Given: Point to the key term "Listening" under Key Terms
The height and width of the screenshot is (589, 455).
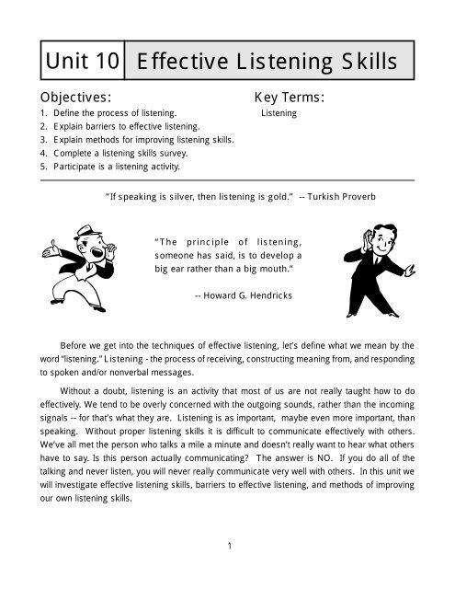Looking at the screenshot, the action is click(279, 113).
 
